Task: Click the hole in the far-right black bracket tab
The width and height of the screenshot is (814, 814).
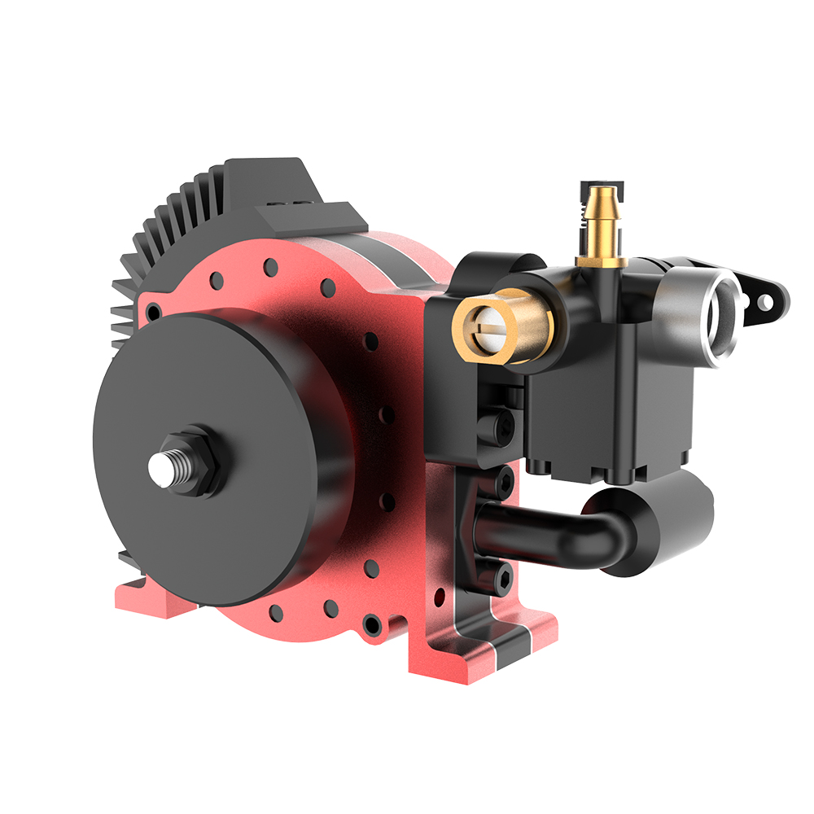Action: (764, 303)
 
